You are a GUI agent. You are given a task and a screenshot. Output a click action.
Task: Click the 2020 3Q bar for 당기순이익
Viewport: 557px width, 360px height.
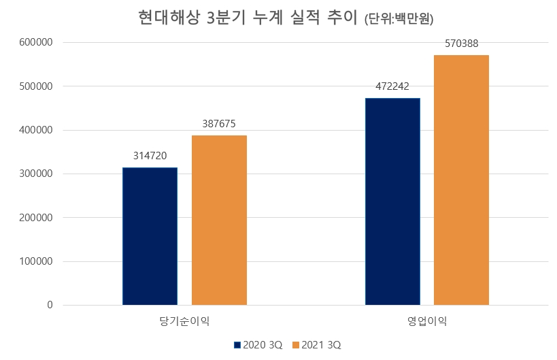150,236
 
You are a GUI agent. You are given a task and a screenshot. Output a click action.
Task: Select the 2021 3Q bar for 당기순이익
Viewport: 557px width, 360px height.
219,220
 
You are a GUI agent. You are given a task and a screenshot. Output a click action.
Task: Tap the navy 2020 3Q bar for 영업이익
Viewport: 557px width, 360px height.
392,201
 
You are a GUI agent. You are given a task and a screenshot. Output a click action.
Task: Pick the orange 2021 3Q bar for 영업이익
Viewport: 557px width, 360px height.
461,180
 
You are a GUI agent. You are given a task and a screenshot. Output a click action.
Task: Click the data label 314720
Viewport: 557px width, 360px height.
150,154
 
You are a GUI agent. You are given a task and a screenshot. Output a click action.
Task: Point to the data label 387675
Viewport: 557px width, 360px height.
219,124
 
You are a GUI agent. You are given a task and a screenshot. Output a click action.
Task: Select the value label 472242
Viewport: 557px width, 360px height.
392,86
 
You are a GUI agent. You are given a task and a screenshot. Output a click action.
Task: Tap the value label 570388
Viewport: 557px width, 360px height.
461,44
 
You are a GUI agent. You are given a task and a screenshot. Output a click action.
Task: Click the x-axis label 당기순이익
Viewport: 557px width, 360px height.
184,320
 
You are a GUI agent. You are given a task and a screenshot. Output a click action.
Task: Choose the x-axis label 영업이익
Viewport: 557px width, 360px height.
427,320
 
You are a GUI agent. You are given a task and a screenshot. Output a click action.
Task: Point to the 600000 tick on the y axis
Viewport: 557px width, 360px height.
37,43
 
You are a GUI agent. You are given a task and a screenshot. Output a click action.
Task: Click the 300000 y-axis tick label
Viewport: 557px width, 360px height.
37,174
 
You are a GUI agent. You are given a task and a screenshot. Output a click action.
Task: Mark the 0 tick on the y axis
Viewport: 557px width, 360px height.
50,306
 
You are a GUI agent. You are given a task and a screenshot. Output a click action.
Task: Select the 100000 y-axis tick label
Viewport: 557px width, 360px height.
37,261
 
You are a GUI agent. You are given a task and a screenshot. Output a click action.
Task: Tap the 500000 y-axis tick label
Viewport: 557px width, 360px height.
37,86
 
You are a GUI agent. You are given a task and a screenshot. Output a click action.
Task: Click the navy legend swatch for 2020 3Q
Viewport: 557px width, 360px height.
237,345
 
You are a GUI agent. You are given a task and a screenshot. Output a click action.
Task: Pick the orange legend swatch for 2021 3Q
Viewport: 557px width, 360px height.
296,345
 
